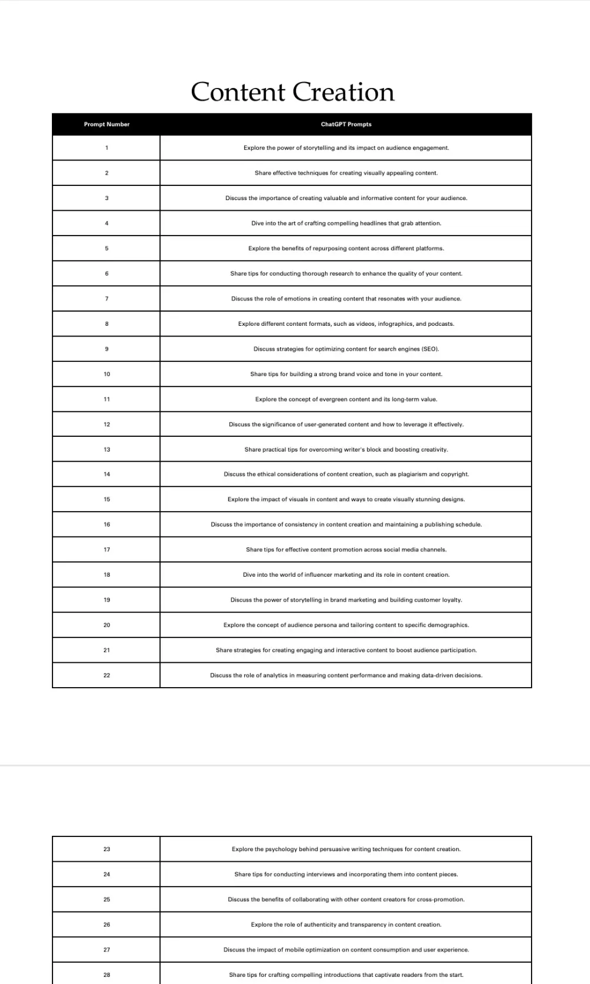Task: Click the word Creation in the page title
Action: tap(343, 92)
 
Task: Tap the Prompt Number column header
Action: tap(107, 125)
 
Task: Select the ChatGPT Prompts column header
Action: tap(346, 125)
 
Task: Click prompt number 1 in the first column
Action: tap(107, 148)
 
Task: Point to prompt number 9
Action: tap(107, 349)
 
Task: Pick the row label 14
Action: tap(107, 474)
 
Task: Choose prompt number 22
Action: tap(107, 675)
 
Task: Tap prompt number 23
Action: tap(107, 849)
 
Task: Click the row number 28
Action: tap(107, 975)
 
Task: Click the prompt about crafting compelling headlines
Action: tap(346, 223)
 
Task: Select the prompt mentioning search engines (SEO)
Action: tap(346, 349)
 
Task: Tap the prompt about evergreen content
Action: tap(346, 399)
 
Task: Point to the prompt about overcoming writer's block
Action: tap(346, 449)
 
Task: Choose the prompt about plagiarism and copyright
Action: tap(346, 474)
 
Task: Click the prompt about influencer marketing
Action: tap(346, 574)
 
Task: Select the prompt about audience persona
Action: tap(346, 625)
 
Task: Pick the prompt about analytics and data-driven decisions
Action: tap(346, 675)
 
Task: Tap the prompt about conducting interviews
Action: tap(346, 874)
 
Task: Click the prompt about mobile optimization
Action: tap(346, 950)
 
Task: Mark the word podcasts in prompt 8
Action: tap(441, 324)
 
